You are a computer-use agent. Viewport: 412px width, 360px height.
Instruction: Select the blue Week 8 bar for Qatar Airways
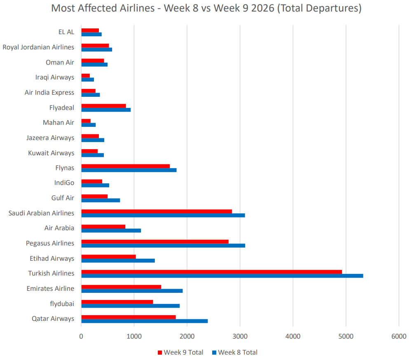tap(144, 321)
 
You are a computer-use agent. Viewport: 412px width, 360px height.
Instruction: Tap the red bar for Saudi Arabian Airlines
tap(157, 211)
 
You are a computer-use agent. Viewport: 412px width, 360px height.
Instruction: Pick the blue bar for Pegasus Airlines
tap(163, 245)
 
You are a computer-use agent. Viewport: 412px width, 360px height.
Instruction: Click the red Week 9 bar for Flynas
tap(125, 166)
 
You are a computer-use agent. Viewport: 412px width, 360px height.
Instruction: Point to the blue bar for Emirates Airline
tap(132, 291)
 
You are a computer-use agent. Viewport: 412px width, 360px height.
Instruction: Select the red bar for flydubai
tap(117, 302)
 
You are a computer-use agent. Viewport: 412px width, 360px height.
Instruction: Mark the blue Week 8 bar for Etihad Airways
tap(118, 260)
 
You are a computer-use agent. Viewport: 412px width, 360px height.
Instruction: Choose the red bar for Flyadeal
tap(103, 105)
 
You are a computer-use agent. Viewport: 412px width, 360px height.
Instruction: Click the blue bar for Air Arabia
tap(111, 230)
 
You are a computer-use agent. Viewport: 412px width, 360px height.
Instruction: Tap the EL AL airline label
tap(66, 32)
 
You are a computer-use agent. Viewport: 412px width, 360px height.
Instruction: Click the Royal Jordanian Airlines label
tap(38, 47)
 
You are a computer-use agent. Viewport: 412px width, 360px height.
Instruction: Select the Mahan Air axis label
tap(59, 122)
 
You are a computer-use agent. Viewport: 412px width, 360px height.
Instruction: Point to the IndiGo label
tap(64, 183)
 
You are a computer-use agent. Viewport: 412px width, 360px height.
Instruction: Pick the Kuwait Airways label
tap(51, 153)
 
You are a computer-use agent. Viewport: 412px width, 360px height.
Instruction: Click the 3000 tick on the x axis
tap(240, 336)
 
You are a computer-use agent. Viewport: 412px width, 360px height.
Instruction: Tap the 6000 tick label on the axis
tap(398, 336)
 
